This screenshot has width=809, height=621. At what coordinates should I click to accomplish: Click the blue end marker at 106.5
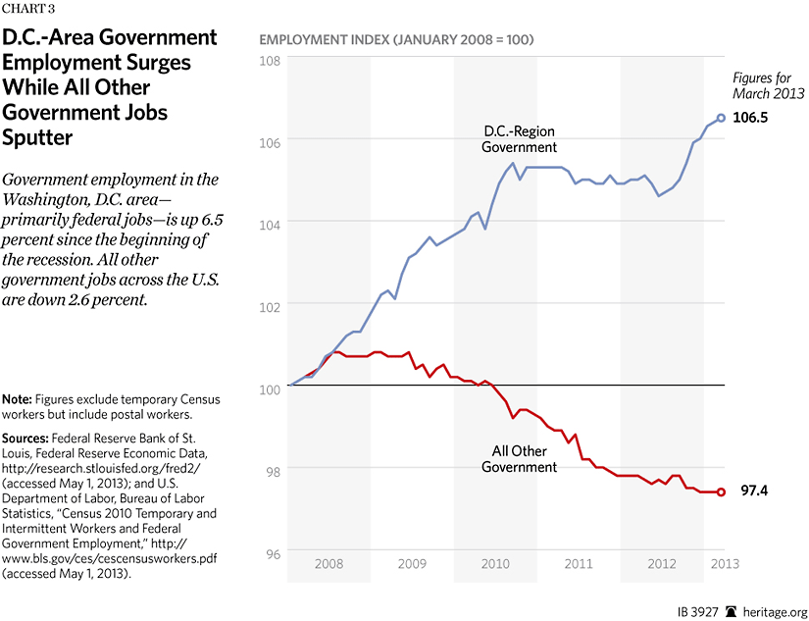click(722, 118)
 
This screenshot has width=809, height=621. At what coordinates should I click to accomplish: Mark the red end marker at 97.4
click(722, 492)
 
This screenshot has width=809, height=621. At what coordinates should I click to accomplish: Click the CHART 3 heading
click(29, 11)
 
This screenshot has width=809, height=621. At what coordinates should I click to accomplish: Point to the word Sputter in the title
click(38, 138)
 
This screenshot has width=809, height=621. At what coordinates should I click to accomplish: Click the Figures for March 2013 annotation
click(769, 85)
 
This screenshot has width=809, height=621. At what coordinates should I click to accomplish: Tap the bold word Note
click(17, 399)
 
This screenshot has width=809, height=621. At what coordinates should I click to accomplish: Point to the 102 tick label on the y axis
click(271, 305)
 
